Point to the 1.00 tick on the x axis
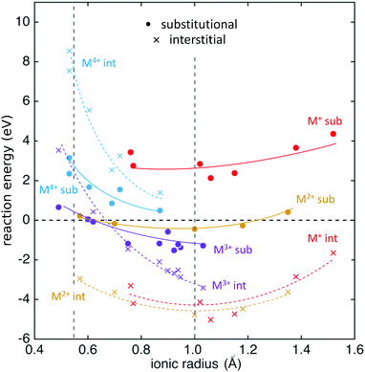click(x=195, y=347)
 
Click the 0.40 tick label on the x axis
click(x=31, y=347)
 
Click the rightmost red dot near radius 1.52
click(x=333, y=134)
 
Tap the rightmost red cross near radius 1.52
click(x=333, y=252)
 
